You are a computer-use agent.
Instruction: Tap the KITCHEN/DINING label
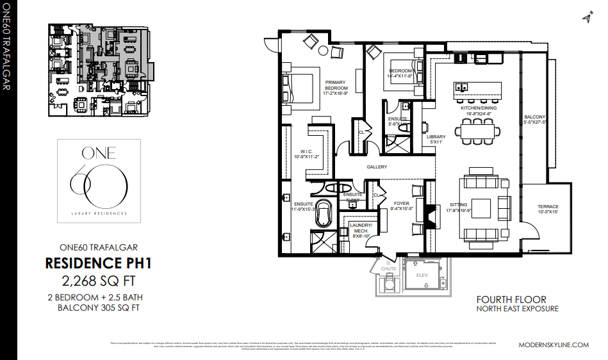click(x=479, y=108)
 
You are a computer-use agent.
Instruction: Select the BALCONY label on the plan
click(x=536, y=117)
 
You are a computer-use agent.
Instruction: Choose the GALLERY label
click(x=377, y=167)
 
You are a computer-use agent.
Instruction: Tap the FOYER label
click(x=402, y=204)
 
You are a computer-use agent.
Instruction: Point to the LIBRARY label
click(x=436, y=137)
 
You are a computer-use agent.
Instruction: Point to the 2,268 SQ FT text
click(x=98, y=280)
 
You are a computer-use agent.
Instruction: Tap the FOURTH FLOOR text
click(x=511, y=299)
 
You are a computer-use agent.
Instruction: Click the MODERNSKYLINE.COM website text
click(x=553, y=345)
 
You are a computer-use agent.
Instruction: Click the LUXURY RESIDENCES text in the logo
click(x=99, y=213)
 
